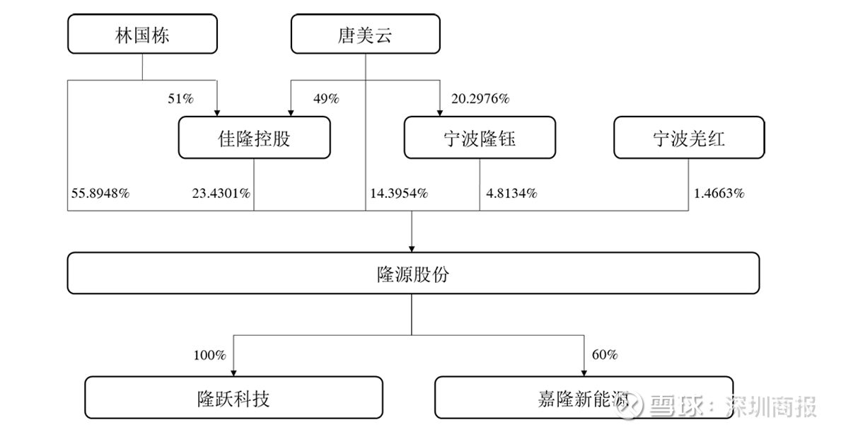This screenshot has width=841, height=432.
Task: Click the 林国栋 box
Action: click(142, 34)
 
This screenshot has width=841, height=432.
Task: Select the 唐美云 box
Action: click(365, 34)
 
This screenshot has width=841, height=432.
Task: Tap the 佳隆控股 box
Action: click(254, 138)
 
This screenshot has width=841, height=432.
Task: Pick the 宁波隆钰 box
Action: click(480, 138)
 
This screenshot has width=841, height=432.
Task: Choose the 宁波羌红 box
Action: click(689, 138)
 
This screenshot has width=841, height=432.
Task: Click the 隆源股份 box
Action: click(413, 274)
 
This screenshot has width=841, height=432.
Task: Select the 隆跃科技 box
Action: click(234, 397)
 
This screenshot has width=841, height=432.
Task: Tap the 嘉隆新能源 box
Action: click(584, 397)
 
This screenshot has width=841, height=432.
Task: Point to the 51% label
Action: click(181, 98)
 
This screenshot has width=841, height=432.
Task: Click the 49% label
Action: click(326, 98)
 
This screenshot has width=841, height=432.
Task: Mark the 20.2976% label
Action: click(480, 98)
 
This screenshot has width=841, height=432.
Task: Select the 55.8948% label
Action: click(100, 193)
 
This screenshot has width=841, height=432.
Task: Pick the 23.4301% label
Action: click(221, 193)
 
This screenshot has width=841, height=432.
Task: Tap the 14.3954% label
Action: click(398, 193)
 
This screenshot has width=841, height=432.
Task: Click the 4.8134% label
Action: click(511, 193)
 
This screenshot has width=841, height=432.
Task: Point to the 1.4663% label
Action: click(719, 193)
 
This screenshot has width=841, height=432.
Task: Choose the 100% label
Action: click(209, 355)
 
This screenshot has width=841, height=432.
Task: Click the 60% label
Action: click(605, 355)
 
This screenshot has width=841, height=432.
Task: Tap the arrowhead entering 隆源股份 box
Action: click(412, 249)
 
